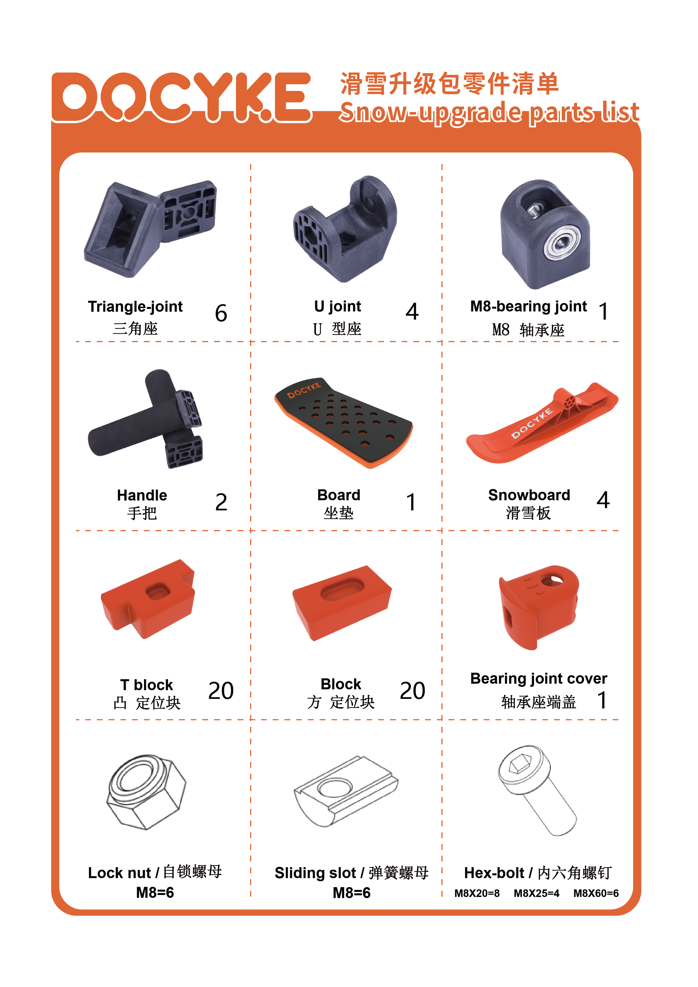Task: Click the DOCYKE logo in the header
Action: [x=181, y=98]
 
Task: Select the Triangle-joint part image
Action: [x=151, y=229]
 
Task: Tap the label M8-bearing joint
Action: [x=528, y=306]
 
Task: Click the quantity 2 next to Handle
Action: [x=221, y=502]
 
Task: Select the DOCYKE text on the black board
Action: [x=304, y=389]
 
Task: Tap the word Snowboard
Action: [x=529, y=495]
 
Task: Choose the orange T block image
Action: [x=148, y=599]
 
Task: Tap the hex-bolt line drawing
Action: [x=537, y=790]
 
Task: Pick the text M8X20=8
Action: [x=477, y=893]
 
